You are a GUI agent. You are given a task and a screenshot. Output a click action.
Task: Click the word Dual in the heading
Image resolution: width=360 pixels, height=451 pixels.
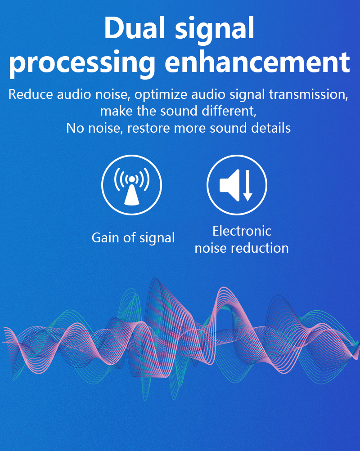135,27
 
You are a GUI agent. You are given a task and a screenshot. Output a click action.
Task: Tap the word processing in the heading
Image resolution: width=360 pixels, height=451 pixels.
82,63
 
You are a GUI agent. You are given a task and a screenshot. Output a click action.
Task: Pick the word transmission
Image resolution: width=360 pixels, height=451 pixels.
309,94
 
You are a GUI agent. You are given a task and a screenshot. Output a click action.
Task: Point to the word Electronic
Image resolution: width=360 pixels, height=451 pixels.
242,231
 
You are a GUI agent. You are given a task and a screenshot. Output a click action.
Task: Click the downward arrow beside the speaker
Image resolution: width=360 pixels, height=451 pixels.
247,186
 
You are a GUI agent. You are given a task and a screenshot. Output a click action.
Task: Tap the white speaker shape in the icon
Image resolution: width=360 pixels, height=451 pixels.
229,185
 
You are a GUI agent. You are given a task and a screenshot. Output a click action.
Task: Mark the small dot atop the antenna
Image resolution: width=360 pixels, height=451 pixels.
132,179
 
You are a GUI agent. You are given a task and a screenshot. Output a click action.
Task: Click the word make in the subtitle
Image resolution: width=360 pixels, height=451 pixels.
116,112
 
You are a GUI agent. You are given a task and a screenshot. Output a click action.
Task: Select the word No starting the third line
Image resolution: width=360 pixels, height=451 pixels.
75,128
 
